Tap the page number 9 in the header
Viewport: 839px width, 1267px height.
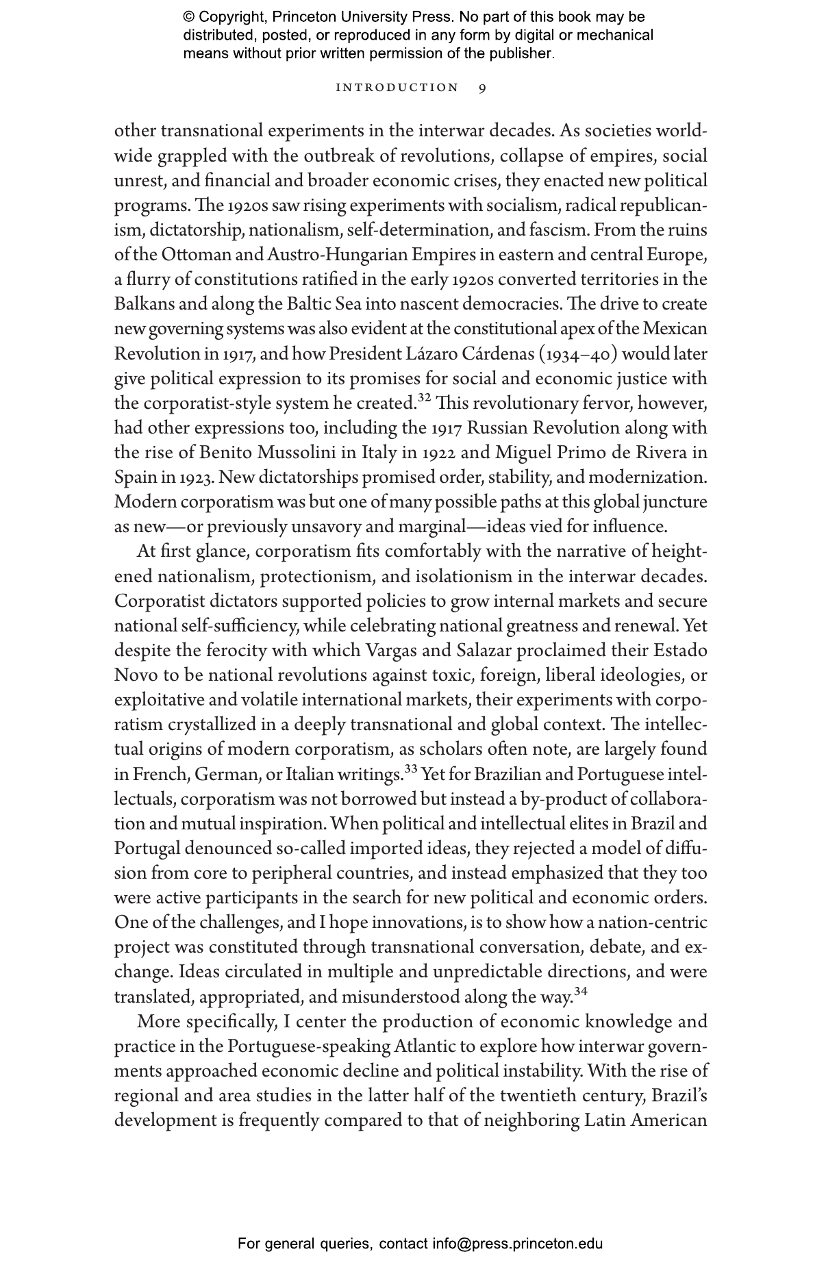coord(482,88)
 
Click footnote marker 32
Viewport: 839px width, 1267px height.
coord(424,398)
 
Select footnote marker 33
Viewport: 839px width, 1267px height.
coord(410,768)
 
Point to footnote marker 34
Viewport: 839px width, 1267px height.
coord(580,991)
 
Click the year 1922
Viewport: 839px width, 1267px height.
coord(439,453)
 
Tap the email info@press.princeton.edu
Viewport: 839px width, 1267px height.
coord(517,1244)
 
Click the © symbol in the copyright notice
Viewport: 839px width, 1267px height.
coord(189,17)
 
